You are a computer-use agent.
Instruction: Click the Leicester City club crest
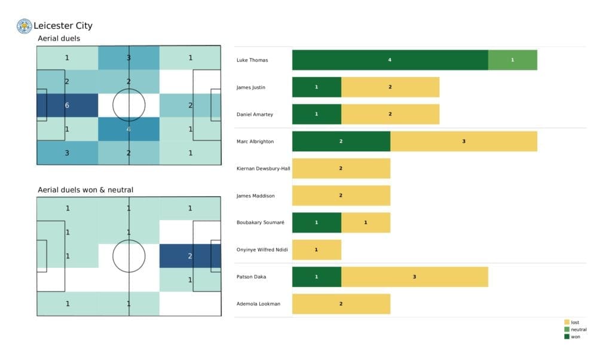pos(24,26)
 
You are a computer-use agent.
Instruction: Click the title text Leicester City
pos(63,26)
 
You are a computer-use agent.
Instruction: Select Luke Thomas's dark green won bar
pos(390,60)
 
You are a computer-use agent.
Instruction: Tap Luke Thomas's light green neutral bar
pos(512,60)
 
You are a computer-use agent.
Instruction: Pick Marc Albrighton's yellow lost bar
pos(463,141)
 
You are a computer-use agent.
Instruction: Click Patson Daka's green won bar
pos(316,277)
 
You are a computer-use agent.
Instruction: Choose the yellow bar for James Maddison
pos(341,196)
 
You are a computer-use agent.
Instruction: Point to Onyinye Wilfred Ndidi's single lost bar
pos(316,249)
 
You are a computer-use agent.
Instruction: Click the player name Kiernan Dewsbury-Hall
pos(263,169)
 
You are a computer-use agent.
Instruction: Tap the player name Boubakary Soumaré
pos(260,222)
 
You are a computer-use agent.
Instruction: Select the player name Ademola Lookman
pos(258,304)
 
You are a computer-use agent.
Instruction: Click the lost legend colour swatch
pos(567,322)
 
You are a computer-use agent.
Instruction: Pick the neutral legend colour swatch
pos(567,330)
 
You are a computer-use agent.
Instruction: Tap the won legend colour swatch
pos(567,336)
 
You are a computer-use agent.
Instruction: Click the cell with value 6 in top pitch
pos(67,105)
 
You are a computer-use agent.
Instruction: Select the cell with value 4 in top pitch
pos(128,129)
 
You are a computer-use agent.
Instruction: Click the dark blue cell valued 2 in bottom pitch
pos(189,256)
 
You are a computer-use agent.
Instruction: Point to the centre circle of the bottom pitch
pos(128,256)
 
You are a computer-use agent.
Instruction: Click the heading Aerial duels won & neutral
pos(85,190)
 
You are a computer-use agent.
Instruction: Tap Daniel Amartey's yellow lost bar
pos(390,114)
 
